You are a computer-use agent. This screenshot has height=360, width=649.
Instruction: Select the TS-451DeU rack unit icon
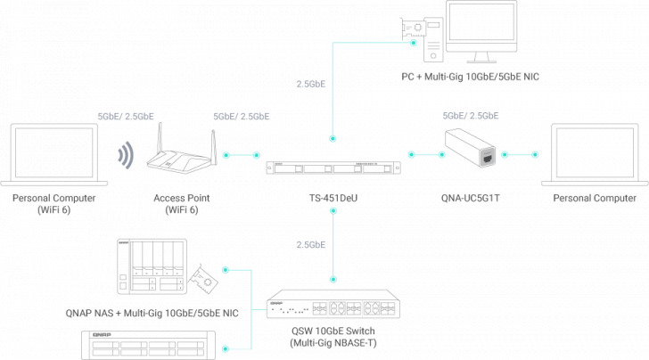(x=332, y=167)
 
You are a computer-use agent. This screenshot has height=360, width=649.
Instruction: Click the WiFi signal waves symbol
(x=127, y=156)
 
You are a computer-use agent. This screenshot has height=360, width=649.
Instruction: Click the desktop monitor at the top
(x=485, y=32)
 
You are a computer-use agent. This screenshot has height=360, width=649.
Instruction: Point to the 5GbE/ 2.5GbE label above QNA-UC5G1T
(x=471, y=116)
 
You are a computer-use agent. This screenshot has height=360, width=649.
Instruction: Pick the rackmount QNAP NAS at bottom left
(x=144, y=346)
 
